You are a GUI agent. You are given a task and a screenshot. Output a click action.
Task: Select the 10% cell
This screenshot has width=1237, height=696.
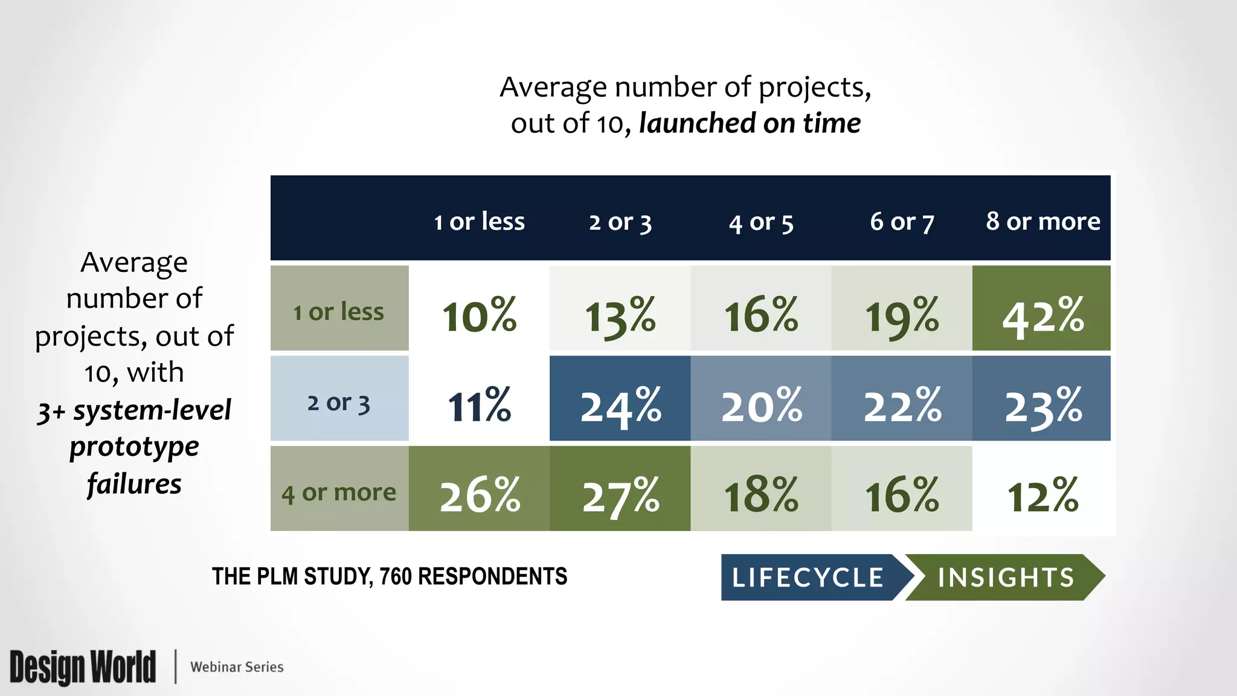[x=479, y=314]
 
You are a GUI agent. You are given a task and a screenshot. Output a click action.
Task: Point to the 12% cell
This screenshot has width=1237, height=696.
[x=1043, y=494]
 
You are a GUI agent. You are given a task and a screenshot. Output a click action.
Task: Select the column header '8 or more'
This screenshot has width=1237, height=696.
[x=1043, y=221]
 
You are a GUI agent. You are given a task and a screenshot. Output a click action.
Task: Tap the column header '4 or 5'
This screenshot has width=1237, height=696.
[x=760, y=222]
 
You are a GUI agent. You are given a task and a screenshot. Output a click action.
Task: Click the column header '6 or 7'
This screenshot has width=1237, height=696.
[x=901, y=222]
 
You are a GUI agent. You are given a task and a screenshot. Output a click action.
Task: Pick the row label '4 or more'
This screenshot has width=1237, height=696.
[x=339, y=492]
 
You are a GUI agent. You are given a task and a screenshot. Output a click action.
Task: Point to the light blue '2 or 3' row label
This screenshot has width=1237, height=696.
[x=339, y=402]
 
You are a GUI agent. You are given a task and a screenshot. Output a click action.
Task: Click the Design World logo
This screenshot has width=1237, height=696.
[x=83, y=667]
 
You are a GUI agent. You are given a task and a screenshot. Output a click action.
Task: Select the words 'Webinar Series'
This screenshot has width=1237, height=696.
[x=237, y=667]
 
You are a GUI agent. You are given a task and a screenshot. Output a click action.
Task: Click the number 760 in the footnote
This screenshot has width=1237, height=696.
[x=396, y=576]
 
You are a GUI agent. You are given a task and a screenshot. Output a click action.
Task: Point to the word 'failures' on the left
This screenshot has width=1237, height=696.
[x=134, y=484]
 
